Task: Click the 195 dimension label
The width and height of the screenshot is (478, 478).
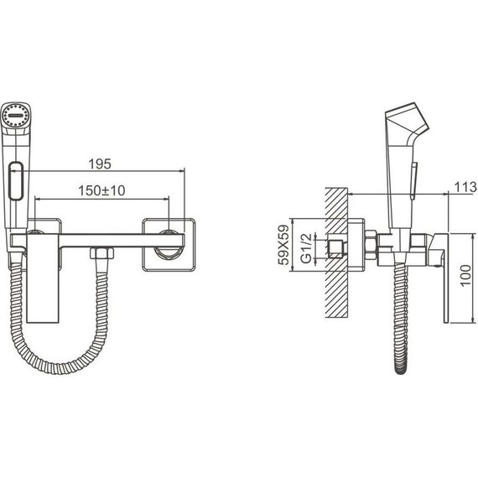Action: click(100, 164)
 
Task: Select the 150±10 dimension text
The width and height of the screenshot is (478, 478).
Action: click(101, 191)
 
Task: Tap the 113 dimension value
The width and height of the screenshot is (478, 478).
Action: click(465, 187)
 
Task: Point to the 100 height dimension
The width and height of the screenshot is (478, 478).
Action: click(465, 275)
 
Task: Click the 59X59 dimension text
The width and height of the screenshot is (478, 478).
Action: click(283, 245)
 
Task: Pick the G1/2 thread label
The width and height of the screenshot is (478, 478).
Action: click(306, 248)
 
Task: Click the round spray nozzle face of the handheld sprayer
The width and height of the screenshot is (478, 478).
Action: click(15, 115)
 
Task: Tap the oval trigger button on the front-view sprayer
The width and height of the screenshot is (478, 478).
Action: click(16, 181)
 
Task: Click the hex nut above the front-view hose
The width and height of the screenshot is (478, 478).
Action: click(101, 253)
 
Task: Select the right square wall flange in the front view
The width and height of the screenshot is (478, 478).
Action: click(169, 245)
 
